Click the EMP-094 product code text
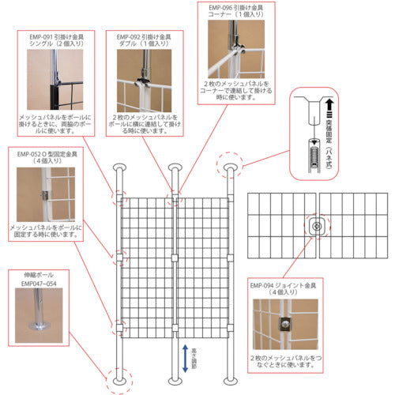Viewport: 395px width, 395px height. point(269,286)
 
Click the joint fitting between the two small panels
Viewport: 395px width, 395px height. point(315,226)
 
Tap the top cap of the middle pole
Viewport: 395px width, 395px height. point(174,168)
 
